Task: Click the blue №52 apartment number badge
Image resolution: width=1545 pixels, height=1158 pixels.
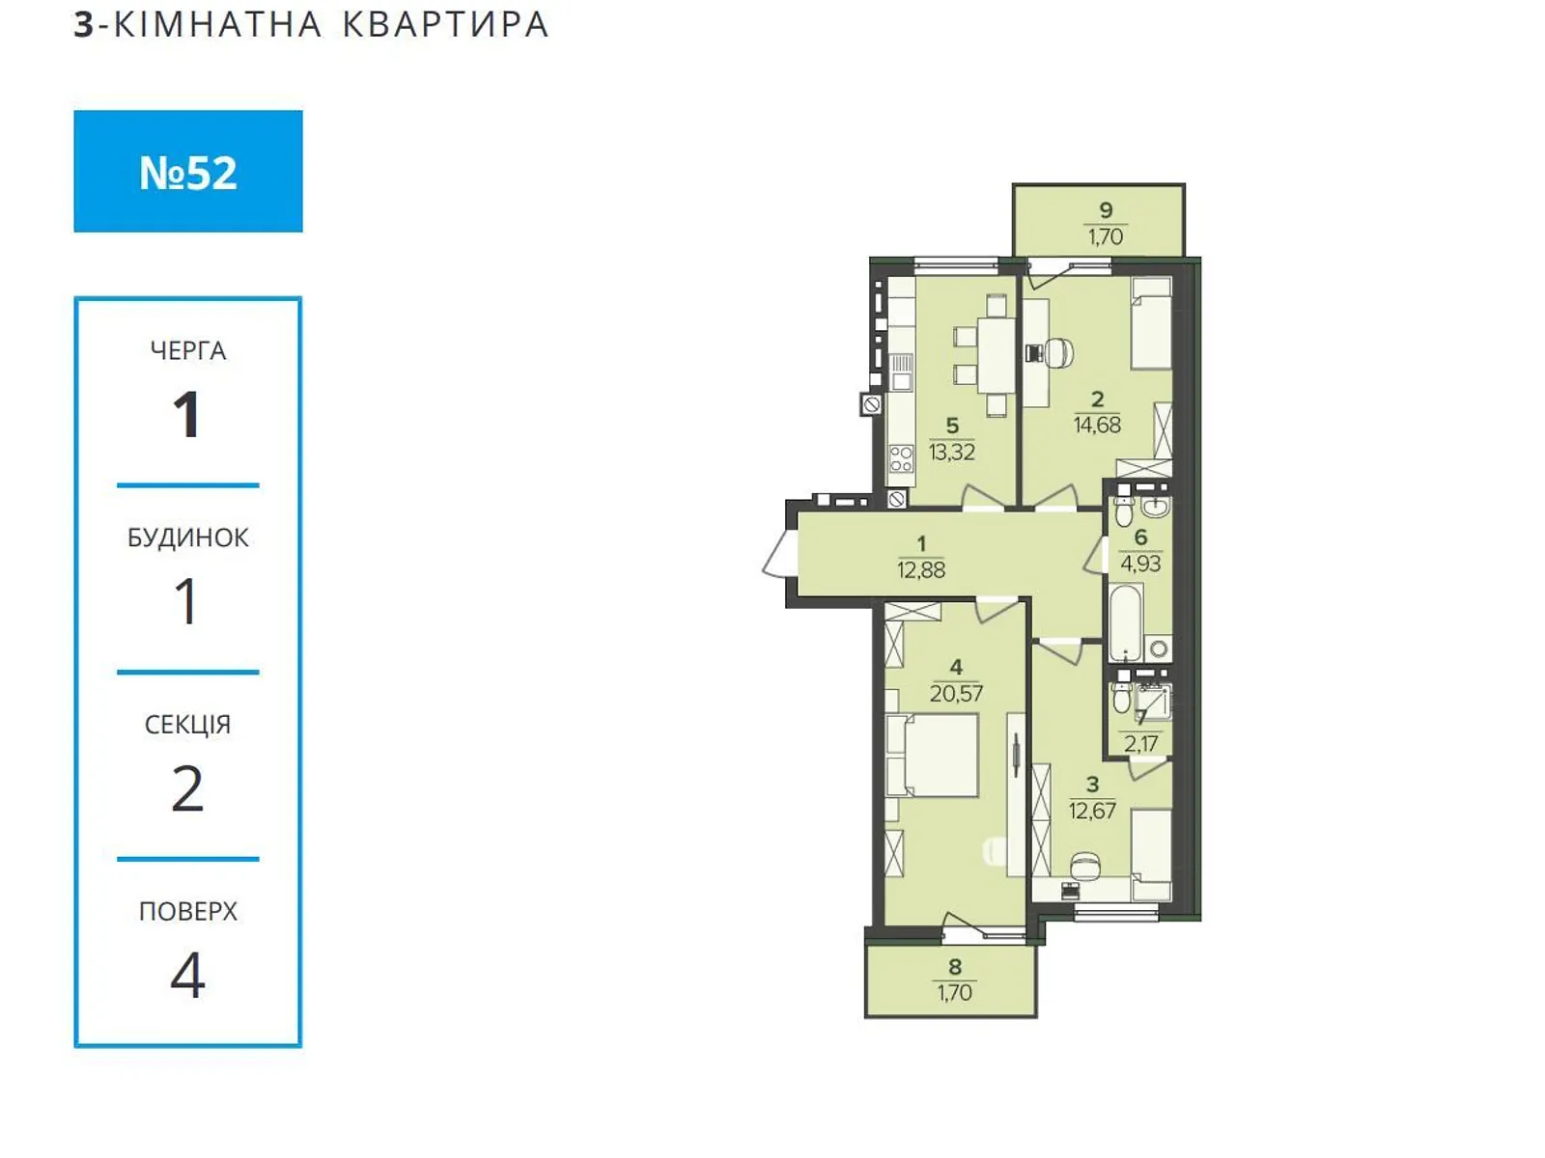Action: point(188,171)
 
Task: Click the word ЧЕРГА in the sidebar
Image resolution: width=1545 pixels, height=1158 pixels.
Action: point(188,351)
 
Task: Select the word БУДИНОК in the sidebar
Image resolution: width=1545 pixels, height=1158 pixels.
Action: point(188,538)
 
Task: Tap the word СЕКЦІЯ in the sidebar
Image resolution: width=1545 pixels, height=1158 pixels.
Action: point(188,725)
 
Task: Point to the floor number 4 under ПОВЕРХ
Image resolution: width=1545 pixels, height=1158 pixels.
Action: point(188,975)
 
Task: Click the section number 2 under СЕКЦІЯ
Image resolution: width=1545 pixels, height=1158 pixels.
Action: point(188,788)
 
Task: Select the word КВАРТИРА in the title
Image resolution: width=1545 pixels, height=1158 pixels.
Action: point(445,25)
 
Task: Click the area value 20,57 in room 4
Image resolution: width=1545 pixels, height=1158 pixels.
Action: point(956,694)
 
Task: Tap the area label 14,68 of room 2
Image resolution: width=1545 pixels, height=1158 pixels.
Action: point(1097,425)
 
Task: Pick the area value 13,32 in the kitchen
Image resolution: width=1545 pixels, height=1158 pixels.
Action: point(952,452)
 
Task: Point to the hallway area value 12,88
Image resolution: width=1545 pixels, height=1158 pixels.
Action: point(921,569)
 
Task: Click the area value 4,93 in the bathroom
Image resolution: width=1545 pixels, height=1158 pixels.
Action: point(1140,564)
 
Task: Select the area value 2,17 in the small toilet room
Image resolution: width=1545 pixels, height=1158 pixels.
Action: point(1140,743)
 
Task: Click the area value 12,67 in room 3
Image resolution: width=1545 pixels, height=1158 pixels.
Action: point(1092,811)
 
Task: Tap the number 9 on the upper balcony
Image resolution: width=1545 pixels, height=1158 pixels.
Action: point(1106,209)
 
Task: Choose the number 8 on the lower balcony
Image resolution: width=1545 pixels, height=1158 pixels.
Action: point(954,967)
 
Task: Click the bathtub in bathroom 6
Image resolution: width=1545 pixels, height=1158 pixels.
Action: point(1126,623)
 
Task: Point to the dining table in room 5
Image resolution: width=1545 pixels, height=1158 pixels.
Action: point(997,356)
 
